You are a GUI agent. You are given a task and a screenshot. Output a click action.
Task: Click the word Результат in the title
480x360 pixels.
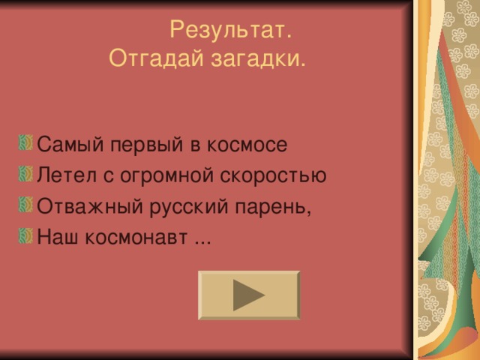coord(229,31)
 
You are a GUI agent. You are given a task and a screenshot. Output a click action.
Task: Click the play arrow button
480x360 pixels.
coord(249,295)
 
